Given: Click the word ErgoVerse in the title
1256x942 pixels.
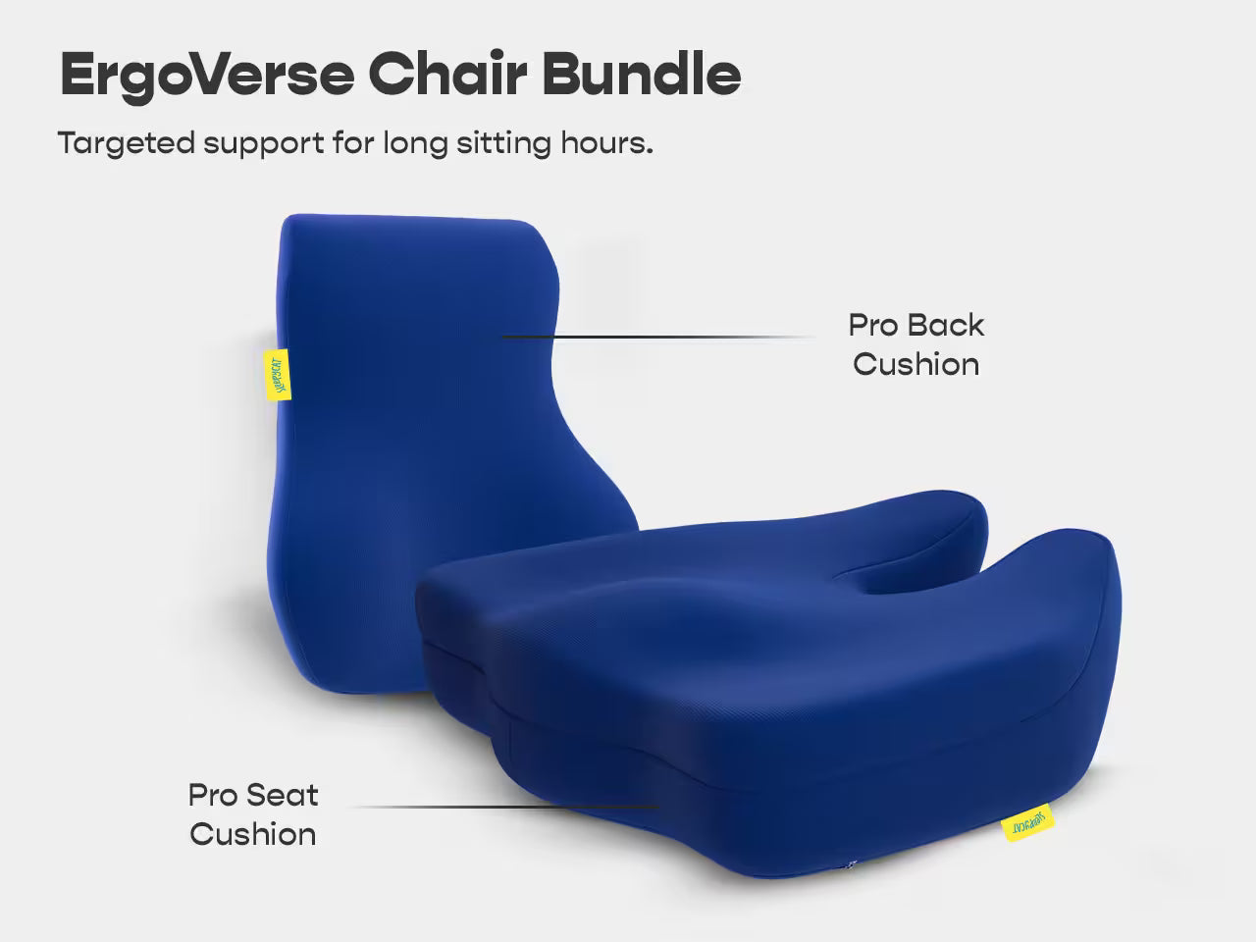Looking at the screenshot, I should (206, 74).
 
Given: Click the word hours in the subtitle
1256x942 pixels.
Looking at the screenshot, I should (605, 143).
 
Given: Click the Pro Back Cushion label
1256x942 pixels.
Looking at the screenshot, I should (916, 344).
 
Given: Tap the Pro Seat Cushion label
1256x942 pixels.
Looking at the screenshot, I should (253, 814).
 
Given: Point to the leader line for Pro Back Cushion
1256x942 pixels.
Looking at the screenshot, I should (657, 337).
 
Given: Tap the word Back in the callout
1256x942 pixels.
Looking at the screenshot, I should (944, 325).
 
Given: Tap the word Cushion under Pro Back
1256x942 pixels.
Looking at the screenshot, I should (916, 364).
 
